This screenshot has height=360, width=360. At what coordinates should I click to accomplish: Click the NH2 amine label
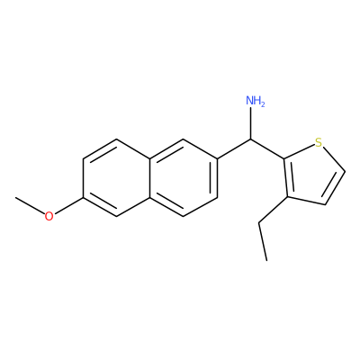click(x=256, y=101)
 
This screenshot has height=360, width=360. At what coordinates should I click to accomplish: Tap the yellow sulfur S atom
click(x=319, y=142)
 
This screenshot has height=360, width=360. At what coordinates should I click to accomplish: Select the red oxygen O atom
click(x=49, y=216)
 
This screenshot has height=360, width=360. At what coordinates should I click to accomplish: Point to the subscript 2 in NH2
click(x=263, y=104)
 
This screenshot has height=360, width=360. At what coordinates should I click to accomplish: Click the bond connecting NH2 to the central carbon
click(x=250, y=123)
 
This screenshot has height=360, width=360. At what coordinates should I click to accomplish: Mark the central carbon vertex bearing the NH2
click(x=250, y=139)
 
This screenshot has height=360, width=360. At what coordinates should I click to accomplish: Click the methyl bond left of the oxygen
click(x=30, y=205)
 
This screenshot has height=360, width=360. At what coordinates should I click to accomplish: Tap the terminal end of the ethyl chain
click(x=266, y=260)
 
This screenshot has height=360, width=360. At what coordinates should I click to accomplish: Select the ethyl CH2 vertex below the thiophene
click(x=259, y=222)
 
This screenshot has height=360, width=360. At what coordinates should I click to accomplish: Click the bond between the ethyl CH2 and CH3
click(x=263, y=241)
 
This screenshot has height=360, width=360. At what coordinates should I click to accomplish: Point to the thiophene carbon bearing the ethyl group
click(x=287, y=197)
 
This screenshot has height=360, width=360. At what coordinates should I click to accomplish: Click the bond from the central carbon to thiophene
click(x=267, y=148)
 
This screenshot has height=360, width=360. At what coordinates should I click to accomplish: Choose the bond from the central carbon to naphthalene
click(x=234, y=148)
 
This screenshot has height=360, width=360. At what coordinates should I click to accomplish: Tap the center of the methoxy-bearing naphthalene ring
click(x=117, y=177)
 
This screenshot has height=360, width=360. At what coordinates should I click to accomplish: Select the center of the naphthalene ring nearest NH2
click(x=184, y=177)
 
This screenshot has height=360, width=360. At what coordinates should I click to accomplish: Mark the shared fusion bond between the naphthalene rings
click(x=150, y=177)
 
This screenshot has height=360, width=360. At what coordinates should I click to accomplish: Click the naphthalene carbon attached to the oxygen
click(x=84, y=197)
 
